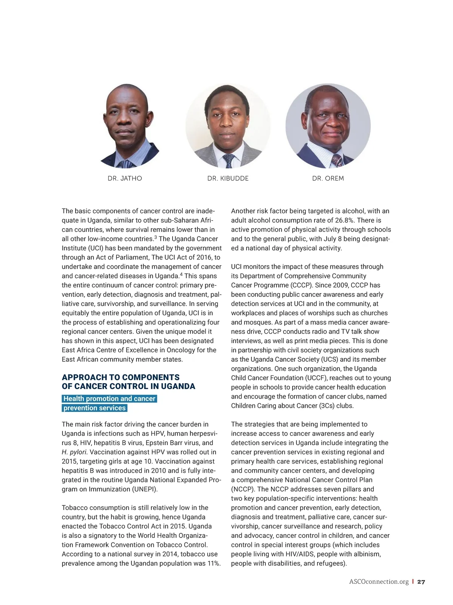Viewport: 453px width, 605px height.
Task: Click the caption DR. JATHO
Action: [x=125, y=178]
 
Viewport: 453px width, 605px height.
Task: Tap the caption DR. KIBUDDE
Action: [x=228, y=178]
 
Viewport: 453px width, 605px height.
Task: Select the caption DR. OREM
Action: [x=328, y=178]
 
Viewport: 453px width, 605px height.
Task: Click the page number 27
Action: [x=421, y=582]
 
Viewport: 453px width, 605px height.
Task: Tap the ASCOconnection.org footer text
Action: [x=379, y=582]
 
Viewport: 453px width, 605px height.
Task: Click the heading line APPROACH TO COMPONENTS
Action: [x=120, y=377]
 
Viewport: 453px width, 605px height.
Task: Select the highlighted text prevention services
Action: [x=94, y=408]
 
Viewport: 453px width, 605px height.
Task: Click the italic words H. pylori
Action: [x=74, y=452]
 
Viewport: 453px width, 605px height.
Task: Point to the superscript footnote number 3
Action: [x=155, y=237]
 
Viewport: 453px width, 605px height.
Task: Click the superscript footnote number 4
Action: [x=181, y=274]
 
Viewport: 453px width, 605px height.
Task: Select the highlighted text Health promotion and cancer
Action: [x=109, y=399]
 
